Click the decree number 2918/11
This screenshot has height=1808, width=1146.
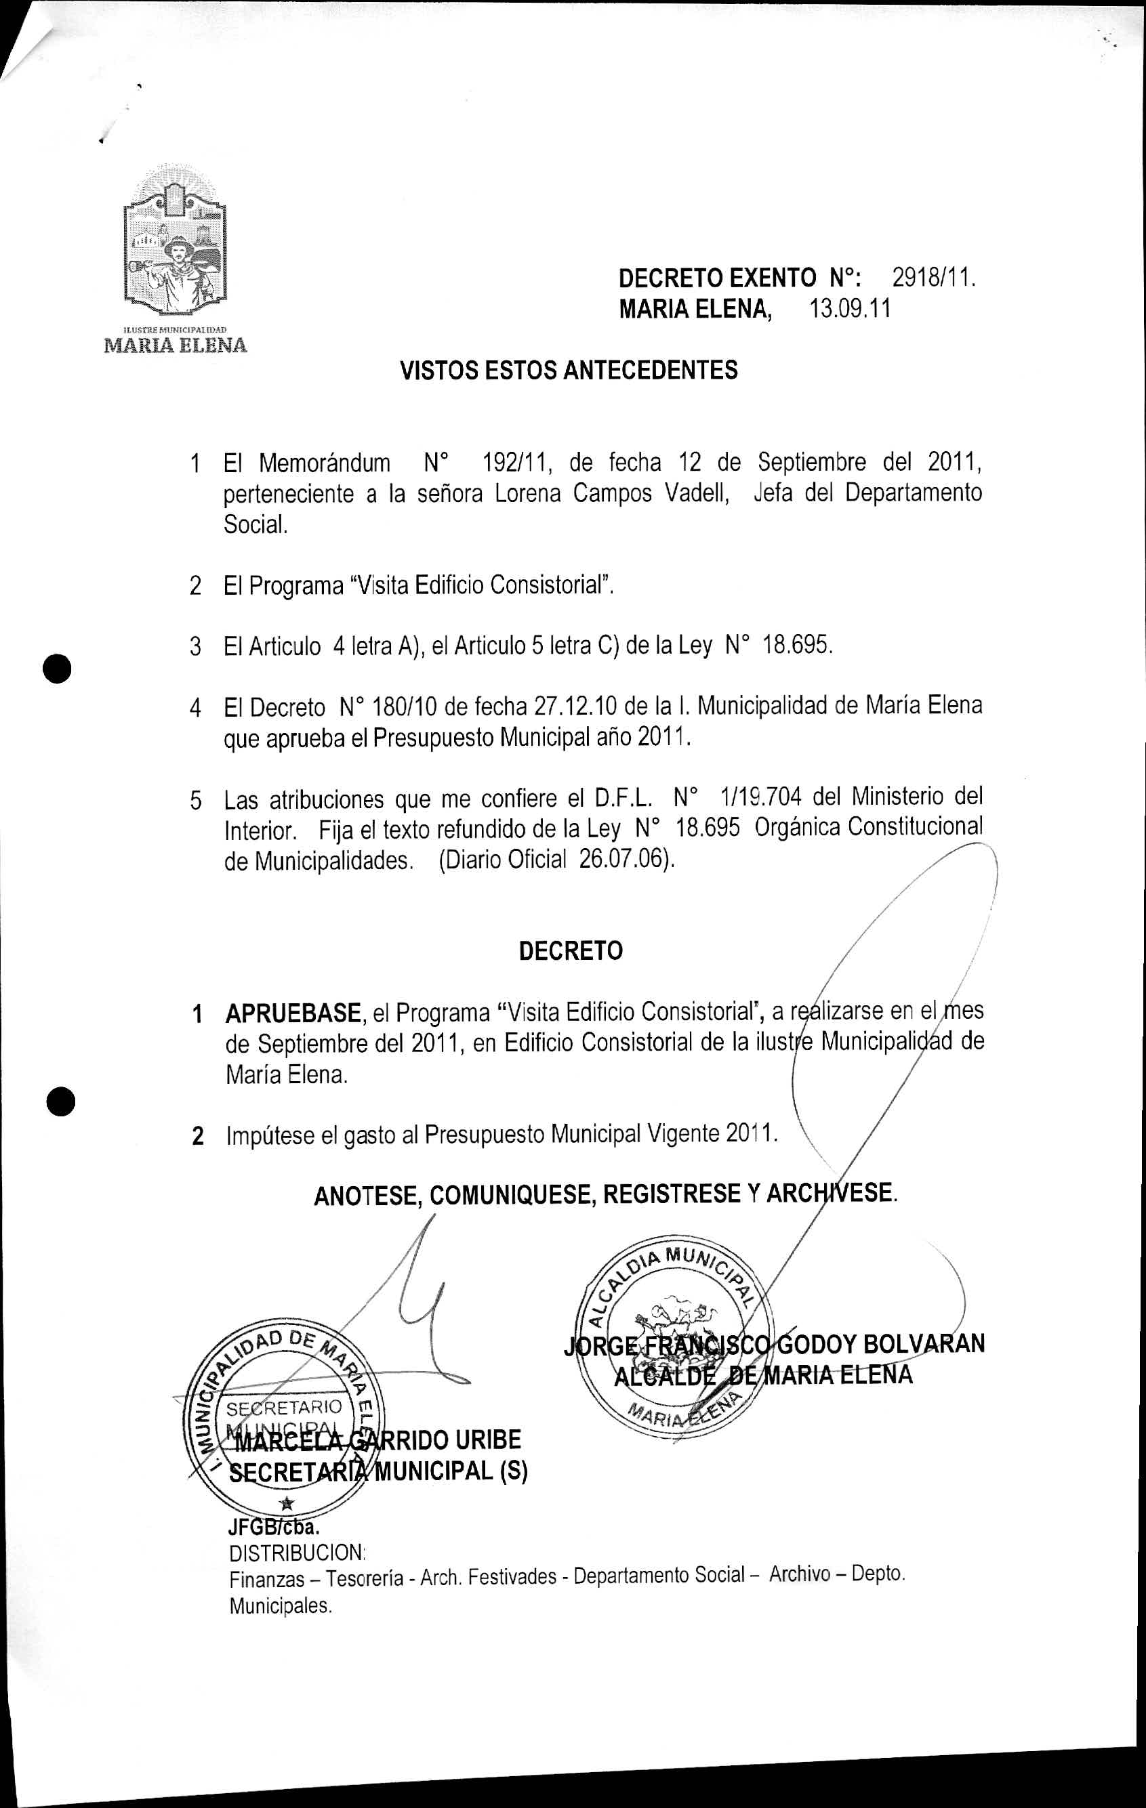933,279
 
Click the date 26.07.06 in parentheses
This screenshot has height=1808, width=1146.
623,859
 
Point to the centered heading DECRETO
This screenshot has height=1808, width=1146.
571,951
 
